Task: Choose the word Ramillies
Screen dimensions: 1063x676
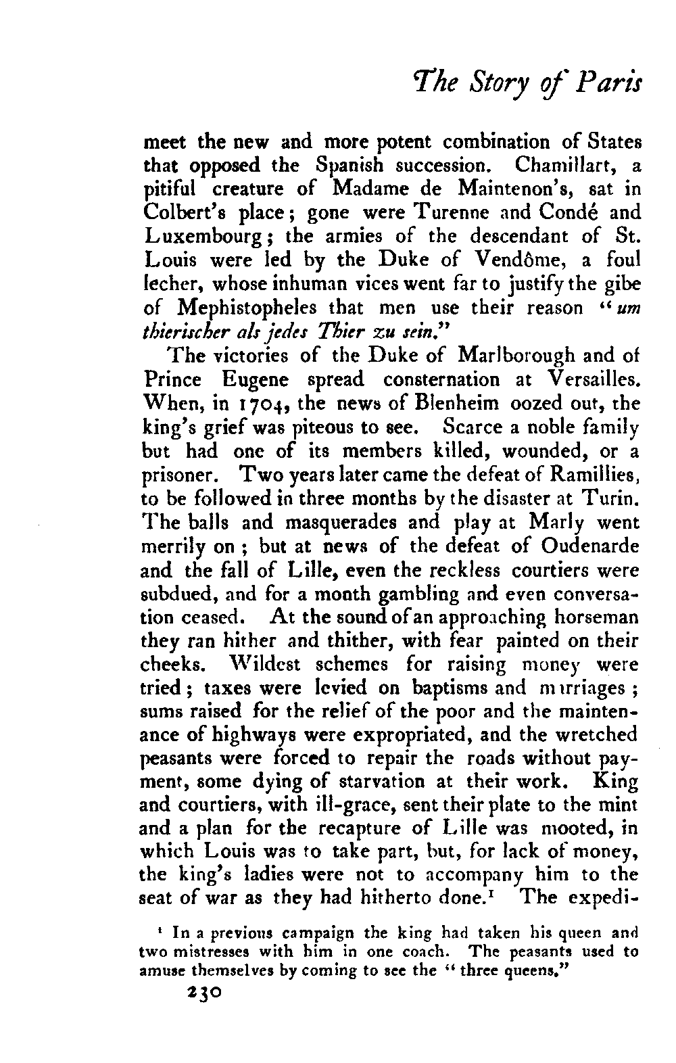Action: point(598,475)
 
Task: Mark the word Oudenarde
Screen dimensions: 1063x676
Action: point(587,546)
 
